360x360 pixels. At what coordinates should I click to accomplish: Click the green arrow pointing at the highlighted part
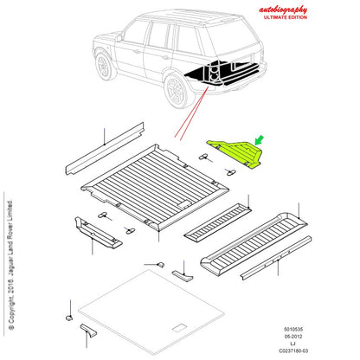pyautogui.click(x=260, y=140)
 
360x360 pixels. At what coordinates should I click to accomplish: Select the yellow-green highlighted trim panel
pyautogui.click(x=235, y=154)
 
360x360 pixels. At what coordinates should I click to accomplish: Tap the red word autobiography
pyautogui.click(x=283, y=10)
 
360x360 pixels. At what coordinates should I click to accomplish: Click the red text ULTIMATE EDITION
pyautogui.click(x=286, y=17)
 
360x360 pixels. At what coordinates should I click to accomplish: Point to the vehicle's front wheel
pyautogui.click(x=103, y=66)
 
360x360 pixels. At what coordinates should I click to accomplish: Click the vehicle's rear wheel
pyautogui.click(x=177, y=90)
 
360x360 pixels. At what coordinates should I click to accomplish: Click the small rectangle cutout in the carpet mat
pyautogui.click(x=180, y=328)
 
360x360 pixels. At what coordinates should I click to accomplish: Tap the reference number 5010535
pyautogui.click(x=293, y=329)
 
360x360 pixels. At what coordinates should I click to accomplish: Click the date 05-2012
pyautogui.click(x=293, y=337)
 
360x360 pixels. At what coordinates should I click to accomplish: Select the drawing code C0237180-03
pyautogui.click(x=293, y=350)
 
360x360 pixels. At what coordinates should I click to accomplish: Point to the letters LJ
pyautogui.click(x=293, y=344)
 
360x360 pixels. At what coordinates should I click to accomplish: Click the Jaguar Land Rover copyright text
pyautogui.click(x=10, y=264)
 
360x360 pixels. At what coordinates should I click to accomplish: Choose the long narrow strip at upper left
pyautogui.click(x=105, y=149)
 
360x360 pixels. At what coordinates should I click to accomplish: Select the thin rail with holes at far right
pyautogui.click(x=276, y=258)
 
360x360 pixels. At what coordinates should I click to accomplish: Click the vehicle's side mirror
pyautogui.click(x=119, y=38)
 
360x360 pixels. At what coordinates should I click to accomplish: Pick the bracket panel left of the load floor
pyautogui.click(x=98, y=233)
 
